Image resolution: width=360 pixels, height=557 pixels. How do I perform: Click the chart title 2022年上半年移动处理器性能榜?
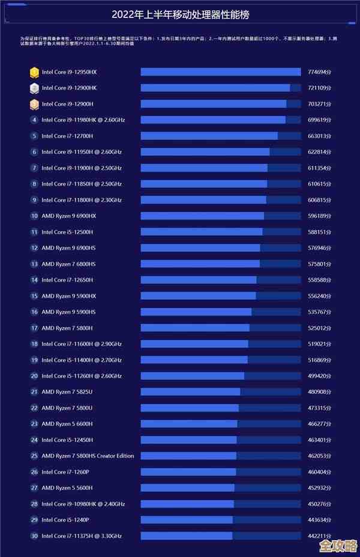(179, 14)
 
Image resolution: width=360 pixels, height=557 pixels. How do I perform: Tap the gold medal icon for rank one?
(34, 72)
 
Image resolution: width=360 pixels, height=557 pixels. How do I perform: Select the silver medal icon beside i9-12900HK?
(34, 88)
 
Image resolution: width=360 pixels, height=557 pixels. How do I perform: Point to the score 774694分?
(319, 72)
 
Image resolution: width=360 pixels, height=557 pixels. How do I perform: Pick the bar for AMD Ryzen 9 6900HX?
(202, 216)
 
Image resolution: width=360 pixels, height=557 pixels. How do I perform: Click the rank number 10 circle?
(34, 216)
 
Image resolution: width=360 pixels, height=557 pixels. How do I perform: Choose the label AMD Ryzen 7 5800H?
(67, 328)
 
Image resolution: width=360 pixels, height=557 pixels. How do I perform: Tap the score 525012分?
(319, 328)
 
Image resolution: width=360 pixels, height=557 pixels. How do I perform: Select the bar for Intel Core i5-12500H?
(202, 232)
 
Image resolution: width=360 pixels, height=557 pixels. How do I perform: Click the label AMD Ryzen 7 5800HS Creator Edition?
(88, 456)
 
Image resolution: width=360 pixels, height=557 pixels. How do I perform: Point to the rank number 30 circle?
(34, 536)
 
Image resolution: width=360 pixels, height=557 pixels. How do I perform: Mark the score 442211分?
(319, 536)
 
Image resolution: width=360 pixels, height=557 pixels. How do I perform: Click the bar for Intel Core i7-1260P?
(188, 472)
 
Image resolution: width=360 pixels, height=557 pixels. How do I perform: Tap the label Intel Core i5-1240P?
(65, 520)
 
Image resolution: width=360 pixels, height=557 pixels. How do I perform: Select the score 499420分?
(319, 376)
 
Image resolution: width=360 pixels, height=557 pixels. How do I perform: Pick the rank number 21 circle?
(34, 392)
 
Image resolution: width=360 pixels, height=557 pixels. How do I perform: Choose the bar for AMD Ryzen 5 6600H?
(189, 424)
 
